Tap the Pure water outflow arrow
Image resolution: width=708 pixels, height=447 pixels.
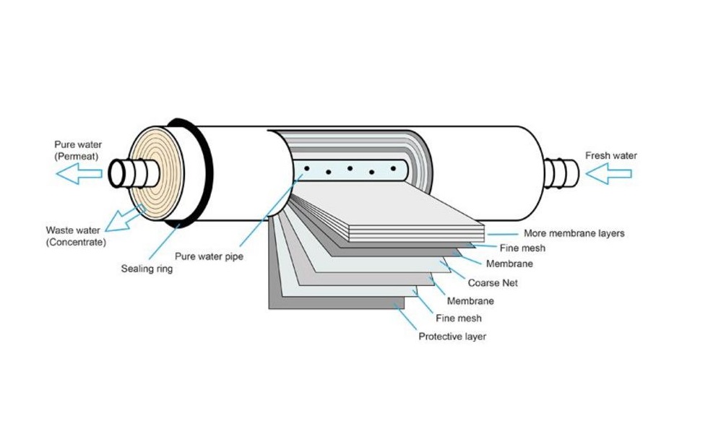(79, 173)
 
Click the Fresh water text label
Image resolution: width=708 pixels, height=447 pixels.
(610, 155)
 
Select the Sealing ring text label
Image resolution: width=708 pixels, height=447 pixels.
(147, 269)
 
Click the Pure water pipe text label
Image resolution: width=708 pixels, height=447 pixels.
(209, 256)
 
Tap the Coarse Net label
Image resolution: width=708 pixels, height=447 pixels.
(493, 282)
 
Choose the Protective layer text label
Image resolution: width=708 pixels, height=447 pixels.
(452, 337)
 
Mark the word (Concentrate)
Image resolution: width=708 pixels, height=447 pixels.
(76, 243)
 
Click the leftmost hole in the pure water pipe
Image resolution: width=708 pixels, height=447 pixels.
(307, 168)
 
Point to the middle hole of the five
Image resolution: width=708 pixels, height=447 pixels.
(350, 168)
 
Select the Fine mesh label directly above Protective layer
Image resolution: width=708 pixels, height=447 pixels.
(458, 318)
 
